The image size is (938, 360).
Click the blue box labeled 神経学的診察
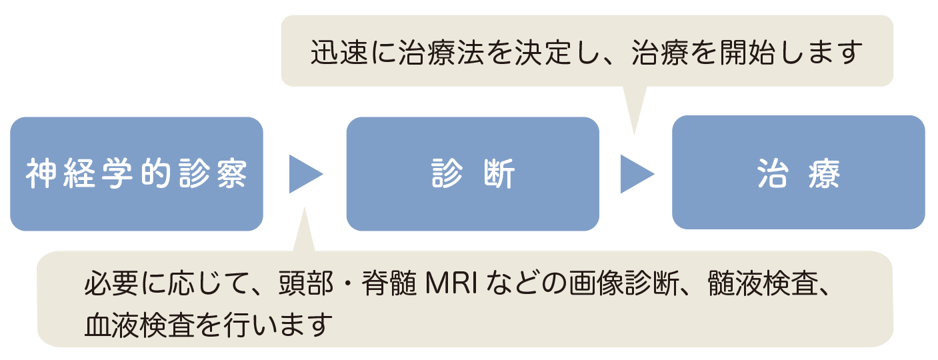coord(137,174)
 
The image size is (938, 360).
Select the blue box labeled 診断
coord(473,174)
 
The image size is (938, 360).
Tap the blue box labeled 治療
coord(799,173)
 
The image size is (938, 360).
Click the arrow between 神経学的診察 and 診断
coord(306,174)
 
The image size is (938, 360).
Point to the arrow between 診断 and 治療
coord(637,174)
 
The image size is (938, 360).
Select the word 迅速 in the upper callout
coord(339,53)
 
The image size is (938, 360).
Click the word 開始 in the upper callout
coord(747,53)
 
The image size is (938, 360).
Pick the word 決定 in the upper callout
coord(543,53)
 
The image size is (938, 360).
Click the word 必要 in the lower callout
coord(111,283)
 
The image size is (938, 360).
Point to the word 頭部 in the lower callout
coord(306,283)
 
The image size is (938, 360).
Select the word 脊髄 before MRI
coord(389,283)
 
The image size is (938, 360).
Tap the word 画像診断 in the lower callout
coord(624,283)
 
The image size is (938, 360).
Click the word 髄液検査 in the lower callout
coord(763,283)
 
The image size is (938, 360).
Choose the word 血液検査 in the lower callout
coord(139,325)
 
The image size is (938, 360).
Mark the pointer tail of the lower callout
coord(305,232)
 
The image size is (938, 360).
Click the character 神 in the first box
coord(41,174)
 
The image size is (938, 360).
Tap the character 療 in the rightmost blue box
coord(824,173)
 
